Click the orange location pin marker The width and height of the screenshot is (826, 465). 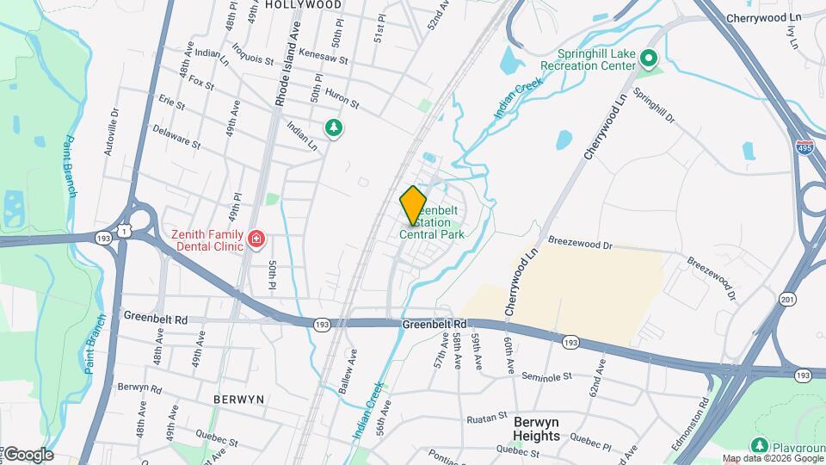(414, 205)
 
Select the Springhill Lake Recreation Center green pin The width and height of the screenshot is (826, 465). (650, 59)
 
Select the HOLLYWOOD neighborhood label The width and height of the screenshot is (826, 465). (303, 4)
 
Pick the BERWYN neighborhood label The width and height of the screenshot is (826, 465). (238, 400)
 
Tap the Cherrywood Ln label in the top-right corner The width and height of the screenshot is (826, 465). (763, 17)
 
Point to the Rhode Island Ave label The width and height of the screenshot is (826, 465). (281, 76)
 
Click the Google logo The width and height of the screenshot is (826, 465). (28, 455)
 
